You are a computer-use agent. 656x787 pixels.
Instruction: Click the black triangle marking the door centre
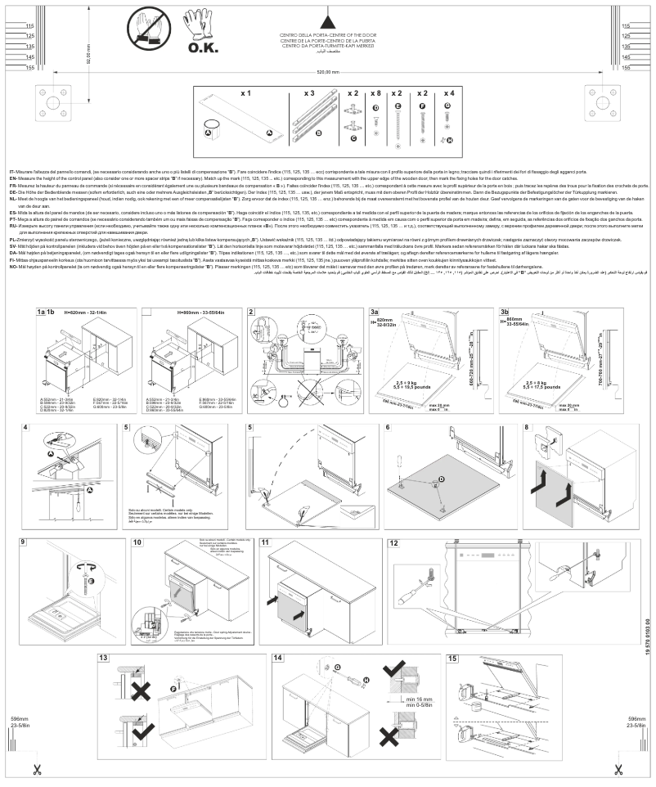[x=327, y=22]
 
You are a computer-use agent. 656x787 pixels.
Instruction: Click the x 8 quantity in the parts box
[x=376, y=95]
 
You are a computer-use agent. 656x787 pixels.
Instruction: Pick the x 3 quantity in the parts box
[x=309, y=95]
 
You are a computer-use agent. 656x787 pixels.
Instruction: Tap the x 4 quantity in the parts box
[x=447, y=95]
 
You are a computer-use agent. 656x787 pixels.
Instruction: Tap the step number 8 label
[x=526, y=428]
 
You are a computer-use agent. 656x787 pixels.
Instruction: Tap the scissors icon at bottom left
[x=36, y=769]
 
